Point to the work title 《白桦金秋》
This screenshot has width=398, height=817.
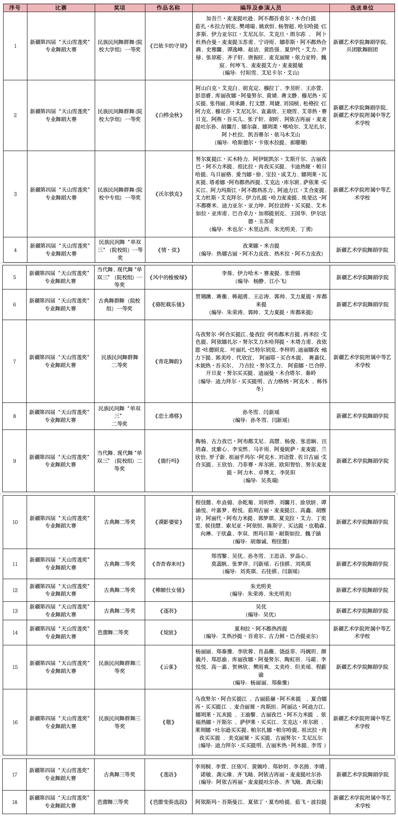pos(169,115)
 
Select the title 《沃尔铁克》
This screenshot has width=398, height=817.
pos(169,194)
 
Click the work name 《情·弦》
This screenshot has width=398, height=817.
pos(169,250)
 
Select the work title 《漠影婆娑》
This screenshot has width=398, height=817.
pos(169,522)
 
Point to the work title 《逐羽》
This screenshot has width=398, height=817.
pos(169,611)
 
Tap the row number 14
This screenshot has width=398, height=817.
pos(15,632)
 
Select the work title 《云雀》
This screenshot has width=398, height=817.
pos(169,667)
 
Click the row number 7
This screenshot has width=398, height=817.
pos(14,361)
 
